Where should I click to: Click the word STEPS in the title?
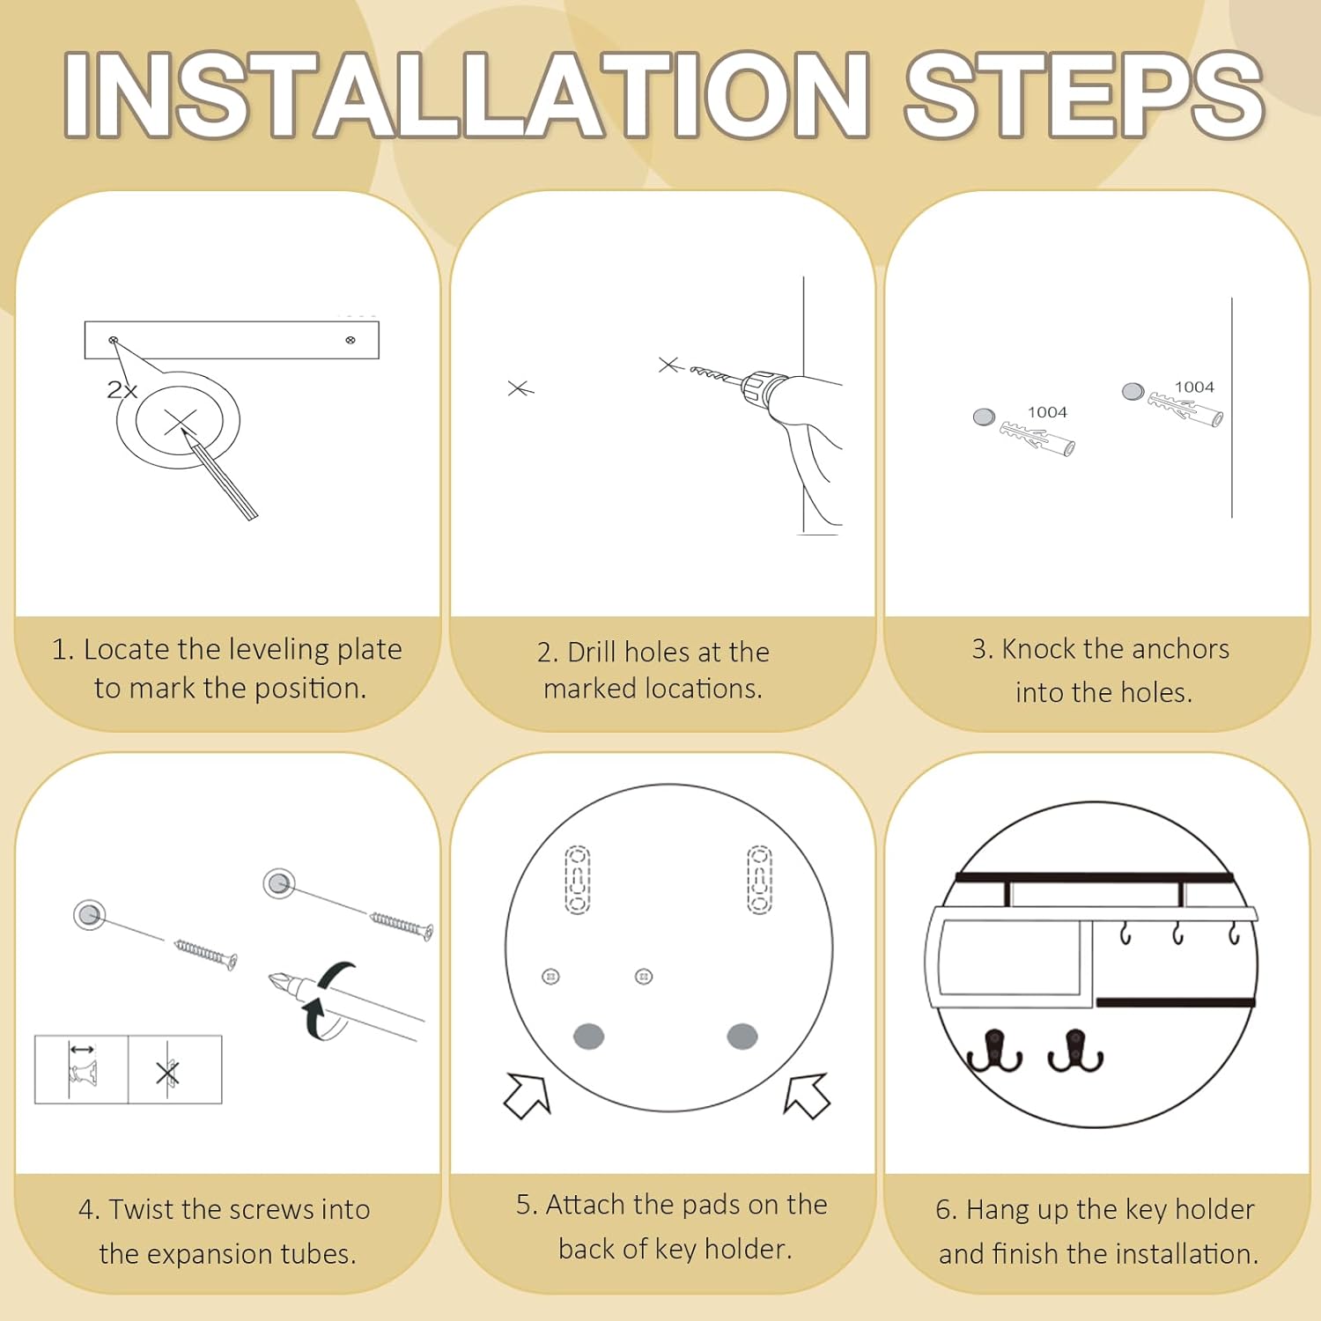pyautogui.click(x=1085, y=94)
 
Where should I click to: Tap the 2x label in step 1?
pyautogui.click(x=122, y=390)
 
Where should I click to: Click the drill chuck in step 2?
pyautogui.click(x=756, y=389)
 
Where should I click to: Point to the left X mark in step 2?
pyautogui.click(x=520, y=388)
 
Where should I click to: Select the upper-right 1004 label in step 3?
pyautogui.click(x=1194, y=387)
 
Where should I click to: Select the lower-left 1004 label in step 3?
pyautogui.click(x=1047, y=412)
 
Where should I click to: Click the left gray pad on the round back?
pyautogui.click(x=588, y=1037)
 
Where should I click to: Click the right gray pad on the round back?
pyautogui.click(x=742, y=1037)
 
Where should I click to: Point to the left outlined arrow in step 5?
pyautogui.click(x=527, y=1096)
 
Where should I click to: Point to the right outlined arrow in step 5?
pyautogui.click(x=807, y=1095)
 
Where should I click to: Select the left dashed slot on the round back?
pyautogui.click(x=577, y=881)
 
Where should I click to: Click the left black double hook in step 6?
pyautogui.click(x=995, y=1051)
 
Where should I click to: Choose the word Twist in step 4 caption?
pyautogui.click(x=141, y=1209)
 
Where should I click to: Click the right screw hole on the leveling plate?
pyautogui.click(x=351, y=340)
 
